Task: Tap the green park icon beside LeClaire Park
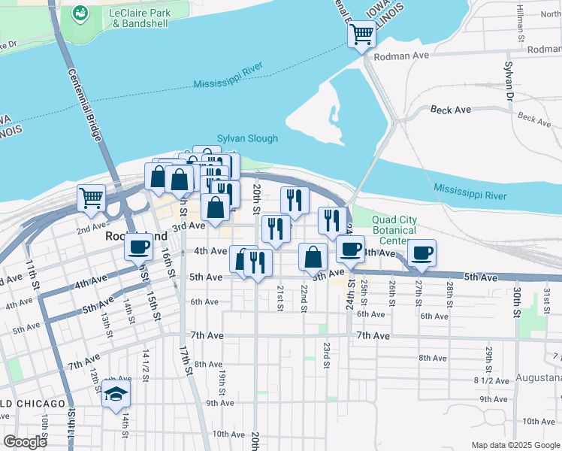tap(80, 14)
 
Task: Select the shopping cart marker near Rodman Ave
tap(362, 34)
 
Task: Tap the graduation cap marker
tap(116, 394)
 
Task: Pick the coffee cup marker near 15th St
tap(139, 247)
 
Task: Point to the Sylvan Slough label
tap(247, 138)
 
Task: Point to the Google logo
tap(26, 442)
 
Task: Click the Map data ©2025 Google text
tap(515, 445)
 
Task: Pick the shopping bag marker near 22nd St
tap(313, 257)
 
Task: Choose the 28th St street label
tap(449, 289)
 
